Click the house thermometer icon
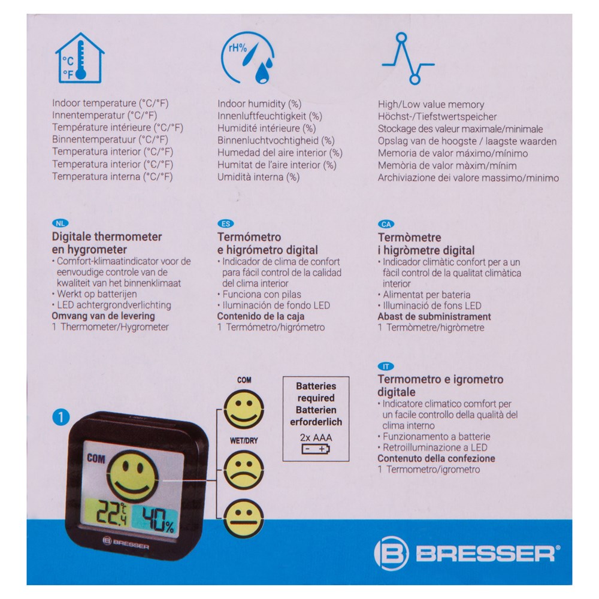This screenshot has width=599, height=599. [x=80, y=58]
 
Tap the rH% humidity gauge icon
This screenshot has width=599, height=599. [x=247, y=58]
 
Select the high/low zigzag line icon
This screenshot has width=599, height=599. [x=408, y=59]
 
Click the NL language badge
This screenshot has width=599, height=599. [x=60, y=223]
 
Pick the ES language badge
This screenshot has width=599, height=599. [x=225, y=224]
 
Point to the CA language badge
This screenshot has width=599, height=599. [x=386, y=224]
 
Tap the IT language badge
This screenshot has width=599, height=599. [x=386, y=367]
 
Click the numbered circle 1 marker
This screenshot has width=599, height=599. [x=60, y=417]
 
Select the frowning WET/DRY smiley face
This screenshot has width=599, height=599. [x=244, y=470]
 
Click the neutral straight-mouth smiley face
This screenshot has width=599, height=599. [x=244, y=519]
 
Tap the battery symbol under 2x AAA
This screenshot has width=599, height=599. [x=316, y=449]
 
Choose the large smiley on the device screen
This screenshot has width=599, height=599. [x=134, y=476]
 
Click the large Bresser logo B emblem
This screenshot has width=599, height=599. [x=391, y=553]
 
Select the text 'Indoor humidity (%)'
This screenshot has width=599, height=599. [x=259, y=104]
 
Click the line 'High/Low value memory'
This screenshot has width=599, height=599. [x=431, y=104]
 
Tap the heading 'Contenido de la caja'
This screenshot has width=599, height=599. [x=261, y=316]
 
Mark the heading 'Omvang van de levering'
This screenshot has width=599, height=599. [x=103, y=316]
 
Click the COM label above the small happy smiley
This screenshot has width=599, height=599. [x=244, y=380]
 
